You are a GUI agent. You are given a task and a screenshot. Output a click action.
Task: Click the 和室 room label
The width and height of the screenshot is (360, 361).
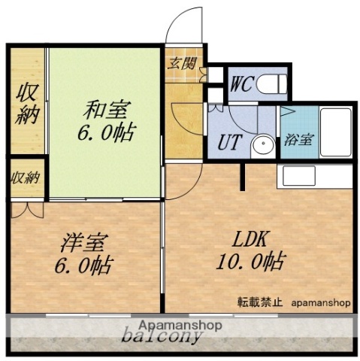coord(106,111)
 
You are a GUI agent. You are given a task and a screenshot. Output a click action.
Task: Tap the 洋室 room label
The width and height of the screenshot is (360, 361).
coord(84,244)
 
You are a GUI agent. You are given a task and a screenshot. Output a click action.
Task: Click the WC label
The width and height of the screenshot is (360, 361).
coord(242,83)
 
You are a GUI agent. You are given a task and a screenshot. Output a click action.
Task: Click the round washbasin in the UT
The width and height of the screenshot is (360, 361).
coord(264,145)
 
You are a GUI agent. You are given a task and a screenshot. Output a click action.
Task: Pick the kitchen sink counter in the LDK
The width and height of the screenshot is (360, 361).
coord(315,177)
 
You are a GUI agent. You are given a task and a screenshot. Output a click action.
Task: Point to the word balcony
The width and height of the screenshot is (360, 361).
coord(162,336)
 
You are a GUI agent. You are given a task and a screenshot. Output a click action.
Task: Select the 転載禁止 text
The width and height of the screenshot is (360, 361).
coord(259,303)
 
